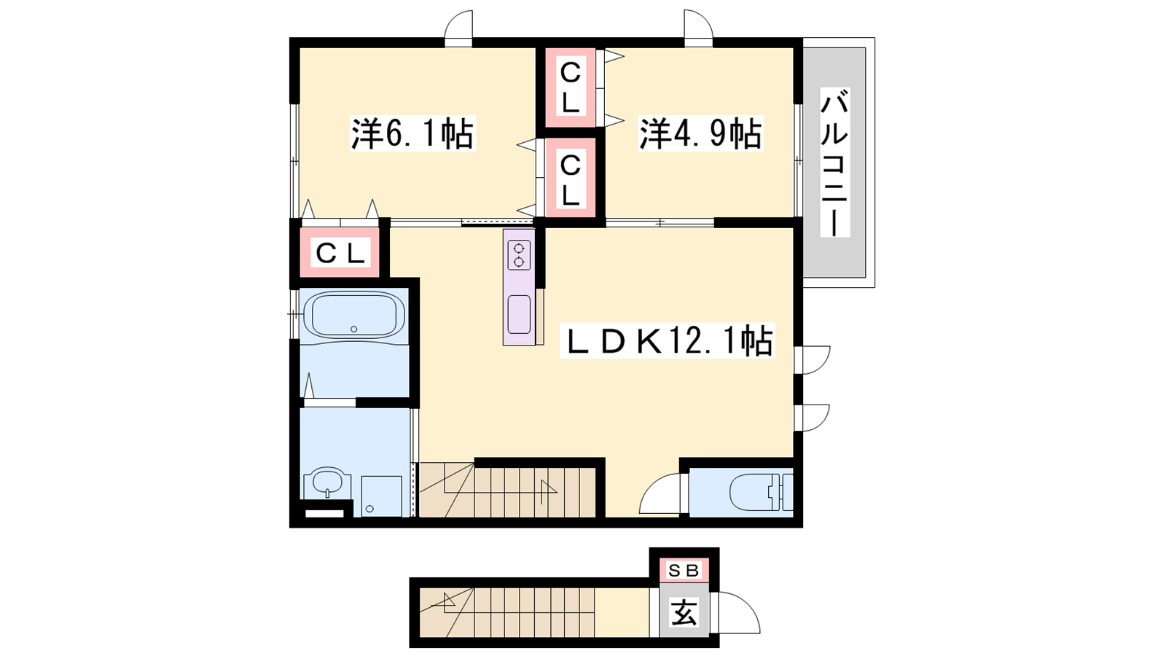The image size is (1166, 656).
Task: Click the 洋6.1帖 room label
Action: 412,133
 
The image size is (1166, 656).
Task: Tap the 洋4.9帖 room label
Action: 700,133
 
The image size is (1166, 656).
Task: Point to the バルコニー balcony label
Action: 835,163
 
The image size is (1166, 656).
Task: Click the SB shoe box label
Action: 684,571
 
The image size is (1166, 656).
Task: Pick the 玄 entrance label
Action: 684,613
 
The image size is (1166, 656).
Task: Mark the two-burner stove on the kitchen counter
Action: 519,255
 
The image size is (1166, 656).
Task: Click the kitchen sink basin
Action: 519,314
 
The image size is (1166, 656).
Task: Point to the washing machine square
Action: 382,496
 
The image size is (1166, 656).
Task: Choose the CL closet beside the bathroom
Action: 340,254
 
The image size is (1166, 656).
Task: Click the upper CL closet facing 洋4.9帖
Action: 570,87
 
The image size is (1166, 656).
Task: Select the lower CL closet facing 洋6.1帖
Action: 570,178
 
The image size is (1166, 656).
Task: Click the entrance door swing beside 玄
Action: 739,613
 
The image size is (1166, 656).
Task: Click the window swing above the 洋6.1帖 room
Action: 458,25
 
